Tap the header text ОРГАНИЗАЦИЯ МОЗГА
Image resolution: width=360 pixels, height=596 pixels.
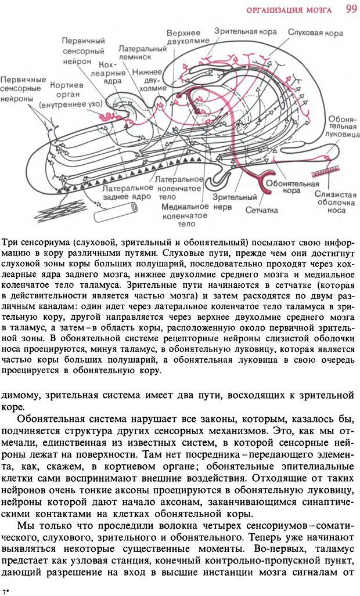click(289, 10)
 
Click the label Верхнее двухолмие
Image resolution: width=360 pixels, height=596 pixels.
click(183, 38)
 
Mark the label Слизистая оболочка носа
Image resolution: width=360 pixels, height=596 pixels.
click(335, 203)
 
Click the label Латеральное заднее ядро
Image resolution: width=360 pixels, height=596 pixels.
click(128, 193)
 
